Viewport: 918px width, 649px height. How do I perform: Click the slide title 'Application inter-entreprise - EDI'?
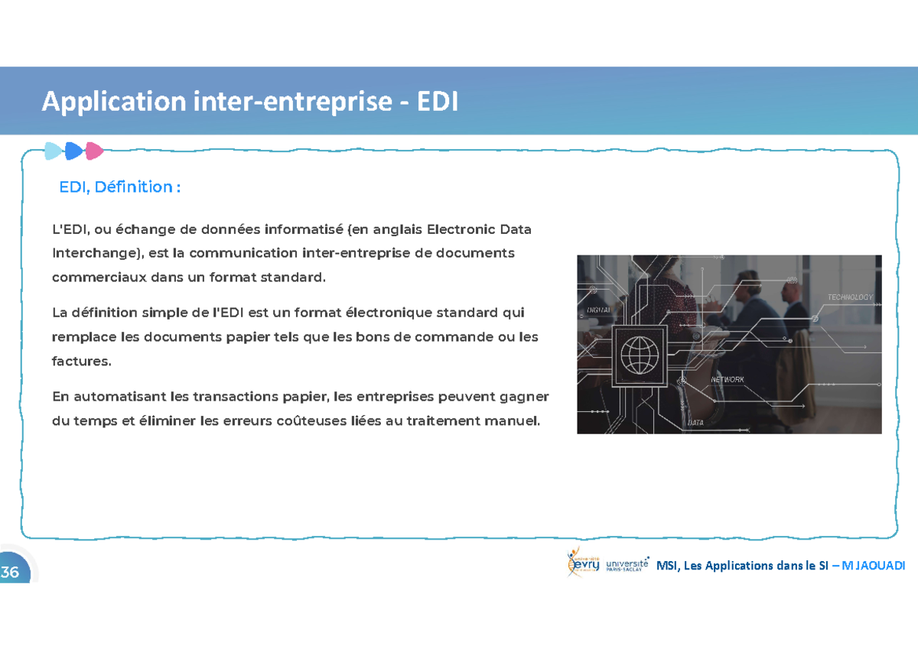point(250,102)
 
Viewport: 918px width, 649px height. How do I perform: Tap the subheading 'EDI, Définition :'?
point(120,187)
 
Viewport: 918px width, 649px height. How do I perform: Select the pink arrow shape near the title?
point(94,151)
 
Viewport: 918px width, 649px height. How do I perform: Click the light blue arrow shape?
point(54,151)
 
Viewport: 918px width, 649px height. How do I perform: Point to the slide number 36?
point(11,572)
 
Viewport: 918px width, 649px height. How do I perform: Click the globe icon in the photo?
point(640,355)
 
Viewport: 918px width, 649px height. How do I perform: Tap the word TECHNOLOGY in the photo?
point(849,297)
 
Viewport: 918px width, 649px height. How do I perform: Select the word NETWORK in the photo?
point(727,380)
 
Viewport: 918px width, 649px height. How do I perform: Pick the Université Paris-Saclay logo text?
point(627,564)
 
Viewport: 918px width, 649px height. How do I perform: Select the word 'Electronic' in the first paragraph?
point(461,229)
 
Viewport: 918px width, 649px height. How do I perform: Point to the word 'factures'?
point(81,361)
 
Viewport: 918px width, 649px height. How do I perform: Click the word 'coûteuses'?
point(329,420)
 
